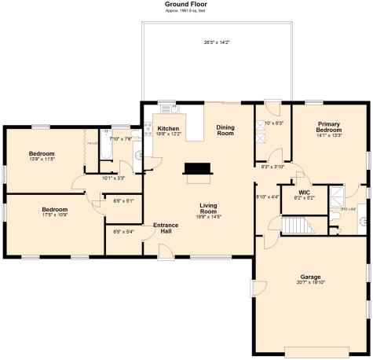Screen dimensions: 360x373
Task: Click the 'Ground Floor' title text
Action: pos(186,4)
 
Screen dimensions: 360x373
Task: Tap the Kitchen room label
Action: pos(169,128)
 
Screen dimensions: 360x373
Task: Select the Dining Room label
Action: pos(225,130)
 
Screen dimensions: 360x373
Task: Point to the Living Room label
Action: pos(208,208)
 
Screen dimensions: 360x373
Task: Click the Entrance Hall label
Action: pos(166,228)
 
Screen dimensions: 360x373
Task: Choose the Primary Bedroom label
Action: pos(328,127)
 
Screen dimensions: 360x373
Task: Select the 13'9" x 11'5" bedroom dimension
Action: pos(42,160)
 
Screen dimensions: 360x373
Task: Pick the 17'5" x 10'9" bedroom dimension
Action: pos(53,215)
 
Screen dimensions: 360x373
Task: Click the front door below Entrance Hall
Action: pos(166,251)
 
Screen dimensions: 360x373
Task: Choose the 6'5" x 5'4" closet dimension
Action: pos(123,232)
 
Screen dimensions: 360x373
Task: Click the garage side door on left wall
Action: pos(254,288)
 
